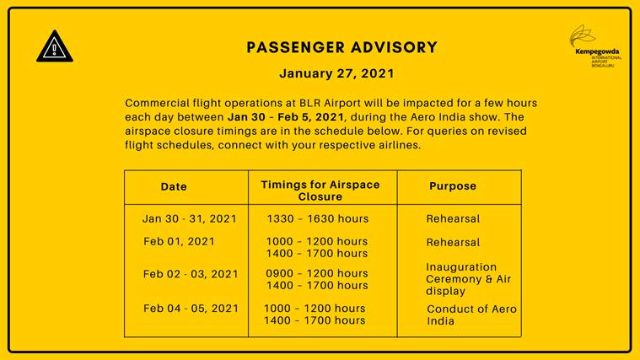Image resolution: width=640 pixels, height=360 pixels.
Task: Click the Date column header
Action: (174, 186)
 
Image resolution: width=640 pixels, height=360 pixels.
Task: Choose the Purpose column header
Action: (453, 186)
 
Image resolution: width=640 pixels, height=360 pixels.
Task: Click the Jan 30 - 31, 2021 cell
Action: (190, 218)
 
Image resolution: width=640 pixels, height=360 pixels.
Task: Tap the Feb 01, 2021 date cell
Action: (179, 241)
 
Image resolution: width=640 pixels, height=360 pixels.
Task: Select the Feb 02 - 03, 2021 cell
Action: (191, 274)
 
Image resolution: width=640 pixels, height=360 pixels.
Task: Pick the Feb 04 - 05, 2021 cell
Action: (191, 309)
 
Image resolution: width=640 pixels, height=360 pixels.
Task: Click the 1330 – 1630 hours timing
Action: (318, 218)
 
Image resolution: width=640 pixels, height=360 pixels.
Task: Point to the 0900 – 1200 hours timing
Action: (317, 273)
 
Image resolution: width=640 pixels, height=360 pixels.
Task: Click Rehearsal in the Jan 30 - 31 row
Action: (453, 218)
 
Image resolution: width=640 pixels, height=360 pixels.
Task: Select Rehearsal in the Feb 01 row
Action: (453, 241)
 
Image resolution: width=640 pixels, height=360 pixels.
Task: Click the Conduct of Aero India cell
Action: (471, 314)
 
